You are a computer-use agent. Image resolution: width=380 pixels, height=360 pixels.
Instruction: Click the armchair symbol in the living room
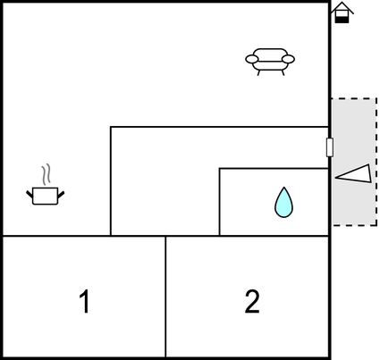click(270, 62)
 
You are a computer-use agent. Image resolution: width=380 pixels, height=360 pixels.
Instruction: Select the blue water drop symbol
click(283, 203)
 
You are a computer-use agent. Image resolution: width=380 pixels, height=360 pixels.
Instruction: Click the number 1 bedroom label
click(85, 301)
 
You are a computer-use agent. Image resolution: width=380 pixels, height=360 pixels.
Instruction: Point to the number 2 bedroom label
click(252, 301)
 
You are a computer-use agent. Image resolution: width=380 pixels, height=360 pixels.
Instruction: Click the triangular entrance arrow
click(354, 174)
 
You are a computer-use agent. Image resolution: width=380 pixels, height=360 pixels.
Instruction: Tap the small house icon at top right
click(342, 13)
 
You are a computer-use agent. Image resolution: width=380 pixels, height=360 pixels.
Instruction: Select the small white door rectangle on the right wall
click(330, 147)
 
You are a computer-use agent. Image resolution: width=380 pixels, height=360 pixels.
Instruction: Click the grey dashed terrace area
click(354, 162)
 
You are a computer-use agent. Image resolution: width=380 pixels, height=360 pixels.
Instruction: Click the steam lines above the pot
click(46, 174)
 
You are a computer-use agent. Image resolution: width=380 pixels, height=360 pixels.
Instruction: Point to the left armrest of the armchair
click(252, 59)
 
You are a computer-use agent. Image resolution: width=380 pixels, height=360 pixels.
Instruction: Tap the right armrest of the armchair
click(288, 59)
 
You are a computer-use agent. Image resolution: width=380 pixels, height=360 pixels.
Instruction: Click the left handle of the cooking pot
click(30, 195)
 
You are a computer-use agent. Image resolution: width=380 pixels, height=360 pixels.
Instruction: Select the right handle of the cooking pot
click(61, 195)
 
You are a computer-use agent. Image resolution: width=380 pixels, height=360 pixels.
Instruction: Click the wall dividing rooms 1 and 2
click(165, 297)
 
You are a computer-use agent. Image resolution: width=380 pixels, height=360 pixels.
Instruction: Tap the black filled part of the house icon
click(342, 20)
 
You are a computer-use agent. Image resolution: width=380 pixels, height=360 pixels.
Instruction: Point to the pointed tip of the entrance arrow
click(335, 178)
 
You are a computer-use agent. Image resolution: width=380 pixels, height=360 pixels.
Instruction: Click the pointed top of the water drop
click(284, 188)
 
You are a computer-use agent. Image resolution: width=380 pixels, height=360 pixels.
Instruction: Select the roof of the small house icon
click(342, 7)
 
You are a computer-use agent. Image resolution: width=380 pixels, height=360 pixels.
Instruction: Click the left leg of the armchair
click(259, 73)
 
